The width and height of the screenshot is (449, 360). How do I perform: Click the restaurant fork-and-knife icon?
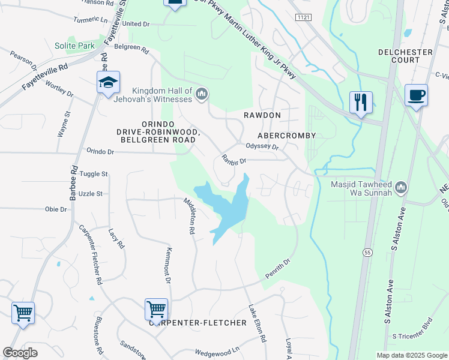pyautogui.click(x=361, y=102)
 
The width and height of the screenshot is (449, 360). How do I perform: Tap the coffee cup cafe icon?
pyautogui.click(x=416, y=95)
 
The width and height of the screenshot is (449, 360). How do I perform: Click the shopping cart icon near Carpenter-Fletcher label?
pyautogui.click(x=156, y=310)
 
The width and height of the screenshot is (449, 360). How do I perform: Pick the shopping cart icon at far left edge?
pyautogui.click(x=23, y=313)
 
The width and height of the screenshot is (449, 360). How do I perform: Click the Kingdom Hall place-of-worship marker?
pyautogui.click(x=202, y=94)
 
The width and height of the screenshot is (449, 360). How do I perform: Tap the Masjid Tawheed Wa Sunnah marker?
pyautogui.click(x=402, y=187)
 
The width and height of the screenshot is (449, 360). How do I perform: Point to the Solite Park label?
pyautogui.click(x=74, y=46)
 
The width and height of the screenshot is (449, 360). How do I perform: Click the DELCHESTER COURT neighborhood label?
pyautogui.click(x=405, y=56)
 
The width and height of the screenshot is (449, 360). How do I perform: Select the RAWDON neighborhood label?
pyautogui.click(x=262, y=115)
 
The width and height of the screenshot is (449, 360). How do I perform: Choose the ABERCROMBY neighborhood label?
pyautogui.click(x=286, y=136)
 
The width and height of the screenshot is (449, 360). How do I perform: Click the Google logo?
pyautogui.click(x=20, y=353)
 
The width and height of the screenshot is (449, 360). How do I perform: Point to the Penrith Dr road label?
pyautogui.click(x=279, y=270)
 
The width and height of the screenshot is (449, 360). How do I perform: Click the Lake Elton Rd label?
pyautogui.click(x=258, y=323)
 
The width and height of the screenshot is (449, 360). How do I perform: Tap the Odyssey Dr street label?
pyautogui.click(x=262, y=146)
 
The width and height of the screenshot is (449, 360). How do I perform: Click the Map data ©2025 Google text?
pyautogui.click(x=411, y=355)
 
